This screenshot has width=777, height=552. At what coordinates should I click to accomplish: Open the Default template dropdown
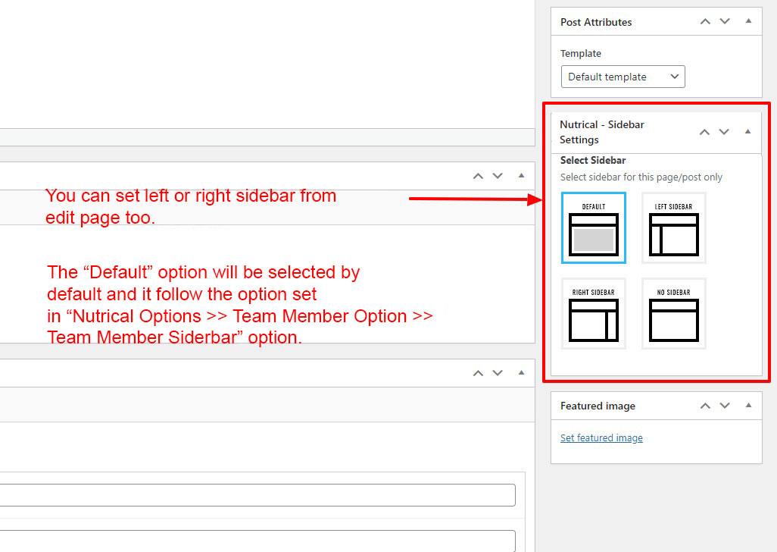point(623,77)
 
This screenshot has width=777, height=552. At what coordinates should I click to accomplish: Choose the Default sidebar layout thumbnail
point(594,227)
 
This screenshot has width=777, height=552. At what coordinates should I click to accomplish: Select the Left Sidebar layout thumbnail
point(674,227)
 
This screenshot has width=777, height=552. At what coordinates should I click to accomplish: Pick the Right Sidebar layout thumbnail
point(594,313)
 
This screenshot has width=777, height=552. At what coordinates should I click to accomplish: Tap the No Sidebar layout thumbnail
point(674,313)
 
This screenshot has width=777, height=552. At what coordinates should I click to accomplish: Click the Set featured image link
point(601,438)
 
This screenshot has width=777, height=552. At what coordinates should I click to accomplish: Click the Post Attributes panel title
point(596,22)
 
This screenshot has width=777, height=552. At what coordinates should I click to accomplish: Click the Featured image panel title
point(598,406)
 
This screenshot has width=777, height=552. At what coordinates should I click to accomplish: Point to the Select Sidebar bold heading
point(593,160)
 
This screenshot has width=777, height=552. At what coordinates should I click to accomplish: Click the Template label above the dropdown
point(581,54)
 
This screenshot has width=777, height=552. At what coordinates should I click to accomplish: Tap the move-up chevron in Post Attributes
point(705,21)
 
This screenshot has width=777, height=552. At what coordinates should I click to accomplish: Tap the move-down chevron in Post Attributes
point(725,21)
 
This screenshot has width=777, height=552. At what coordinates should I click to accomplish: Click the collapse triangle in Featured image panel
point(748,405)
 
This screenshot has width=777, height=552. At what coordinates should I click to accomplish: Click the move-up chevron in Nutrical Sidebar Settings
point(704,132)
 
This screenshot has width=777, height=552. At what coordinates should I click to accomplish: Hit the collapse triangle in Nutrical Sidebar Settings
point(747,131)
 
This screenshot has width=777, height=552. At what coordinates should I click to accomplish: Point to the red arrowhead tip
point(543,200)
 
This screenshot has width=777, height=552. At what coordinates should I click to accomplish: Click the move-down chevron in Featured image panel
point(725,406)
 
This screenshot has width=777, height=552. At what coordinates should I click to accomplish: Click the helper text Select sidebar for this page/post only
point(641,177)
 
